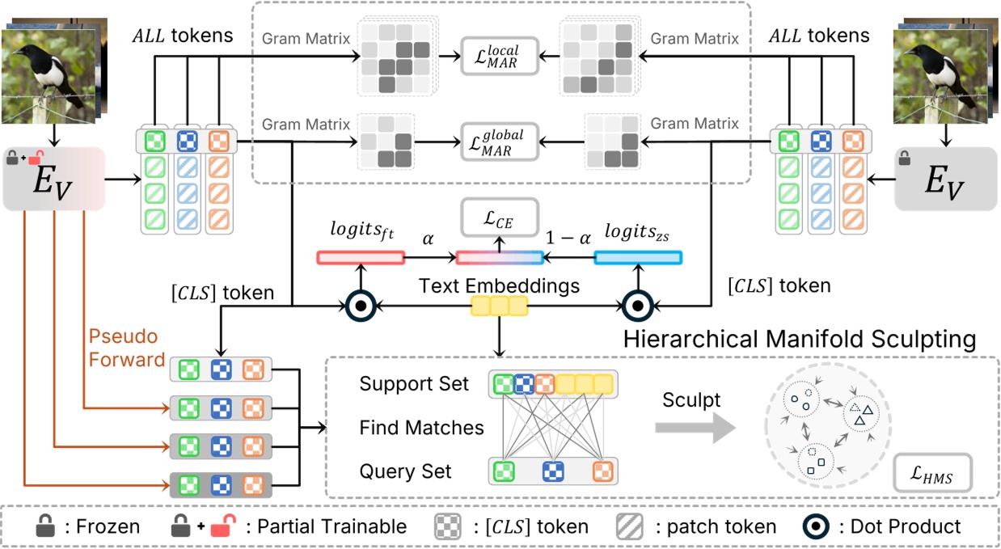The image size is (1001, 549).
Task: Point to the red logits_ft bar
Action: point(359,258)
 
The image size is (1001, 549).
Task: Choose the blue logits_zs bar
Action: point(638,258)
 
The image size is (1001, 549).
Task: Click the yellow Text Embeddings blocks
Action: point(499,306)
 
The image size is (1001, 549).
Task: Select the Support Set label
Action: point(414,384)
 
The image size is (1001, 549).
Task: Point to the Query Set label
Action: point(405,471)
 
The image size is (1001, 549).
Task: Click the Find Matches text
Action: point(421,428)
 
